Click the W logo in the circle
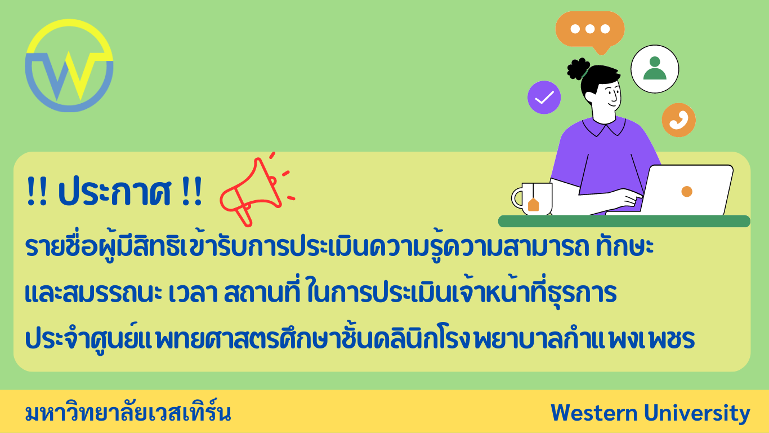tap(69, 66)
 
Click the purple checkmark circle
tap(544, 98)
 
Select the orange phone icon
tap(678, 120)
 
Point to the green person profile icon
tap(654, 69)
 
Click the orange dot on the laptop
tap(686, 192)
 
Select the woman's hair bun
tap(578, 69)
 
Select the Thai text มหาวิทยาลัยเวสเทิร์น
tap(128, 413)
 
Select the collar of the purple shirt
tap(603, 126)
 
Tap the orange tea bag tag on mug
tap(533, 205)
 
